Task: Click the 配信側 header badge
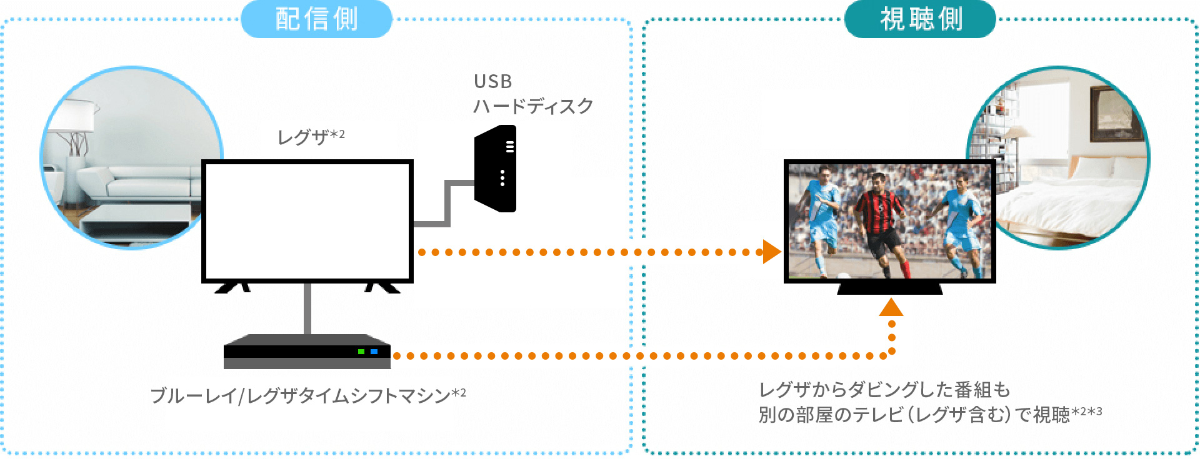[x=316, y=19]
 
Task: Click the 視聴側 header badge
[x=920, y=19]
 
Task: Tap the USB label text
[x=493, y=82]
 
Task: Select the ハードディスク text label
[x=532, y=106]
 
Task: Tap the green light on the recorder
[x=361, y=352]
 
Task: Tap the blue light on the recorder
[x=374, y=352]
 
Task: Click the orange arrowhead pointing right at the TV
[x=772, y=252]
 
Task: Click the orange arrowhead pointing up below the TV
[x=891, y=307]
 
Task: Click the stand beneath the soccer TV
[x=890, y=289]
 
